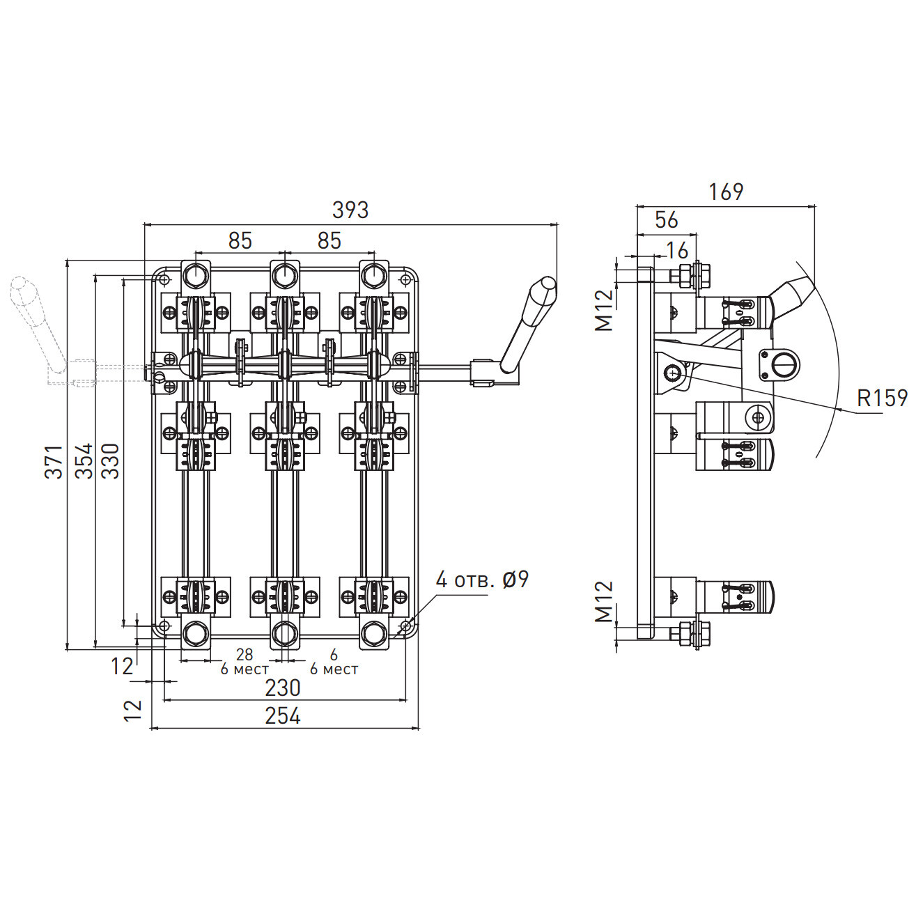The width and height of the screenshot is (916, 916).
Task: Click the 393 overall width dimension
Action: tap(350, 210)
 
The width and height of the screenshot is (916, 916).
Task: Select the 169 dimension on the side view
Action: tap(726, 192)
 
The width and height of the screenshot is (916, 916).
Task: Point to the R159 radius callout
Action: tap(882, 398)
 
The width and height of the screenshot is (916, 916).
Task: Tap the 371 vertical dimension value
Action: tap(54, 461)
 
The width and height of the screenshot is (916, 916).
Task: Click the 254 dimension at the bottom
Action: tap(283, 716)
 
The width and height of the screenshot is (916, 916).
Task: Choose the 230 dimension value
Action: tap(283, 688)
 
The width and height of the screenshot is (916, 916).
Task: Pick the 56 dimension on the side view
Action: tap(666, 220)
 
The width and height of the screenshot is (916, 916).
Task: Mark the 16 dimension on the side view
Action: tap(676, 250)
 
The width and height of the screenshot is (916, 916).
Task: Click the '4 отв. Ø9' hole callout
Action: tap(482, 580)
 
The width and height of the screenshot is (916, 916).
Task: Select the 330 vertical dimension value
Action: tap(111, 460)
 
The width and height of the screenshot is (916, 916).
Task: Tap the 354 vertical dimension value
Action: tap(84, 460)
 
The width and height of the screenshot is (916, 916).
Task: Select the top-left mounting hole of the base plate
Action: tap(164, 280)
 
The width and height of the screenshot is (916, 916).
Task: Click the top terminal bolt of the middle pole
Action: tap(284, 277)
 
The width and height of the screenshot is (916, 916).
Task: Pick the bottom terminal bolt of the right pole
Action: tap(373, 634)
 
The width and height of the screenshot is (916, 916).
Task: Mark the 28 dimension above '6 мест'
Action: tap(244, 655)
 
